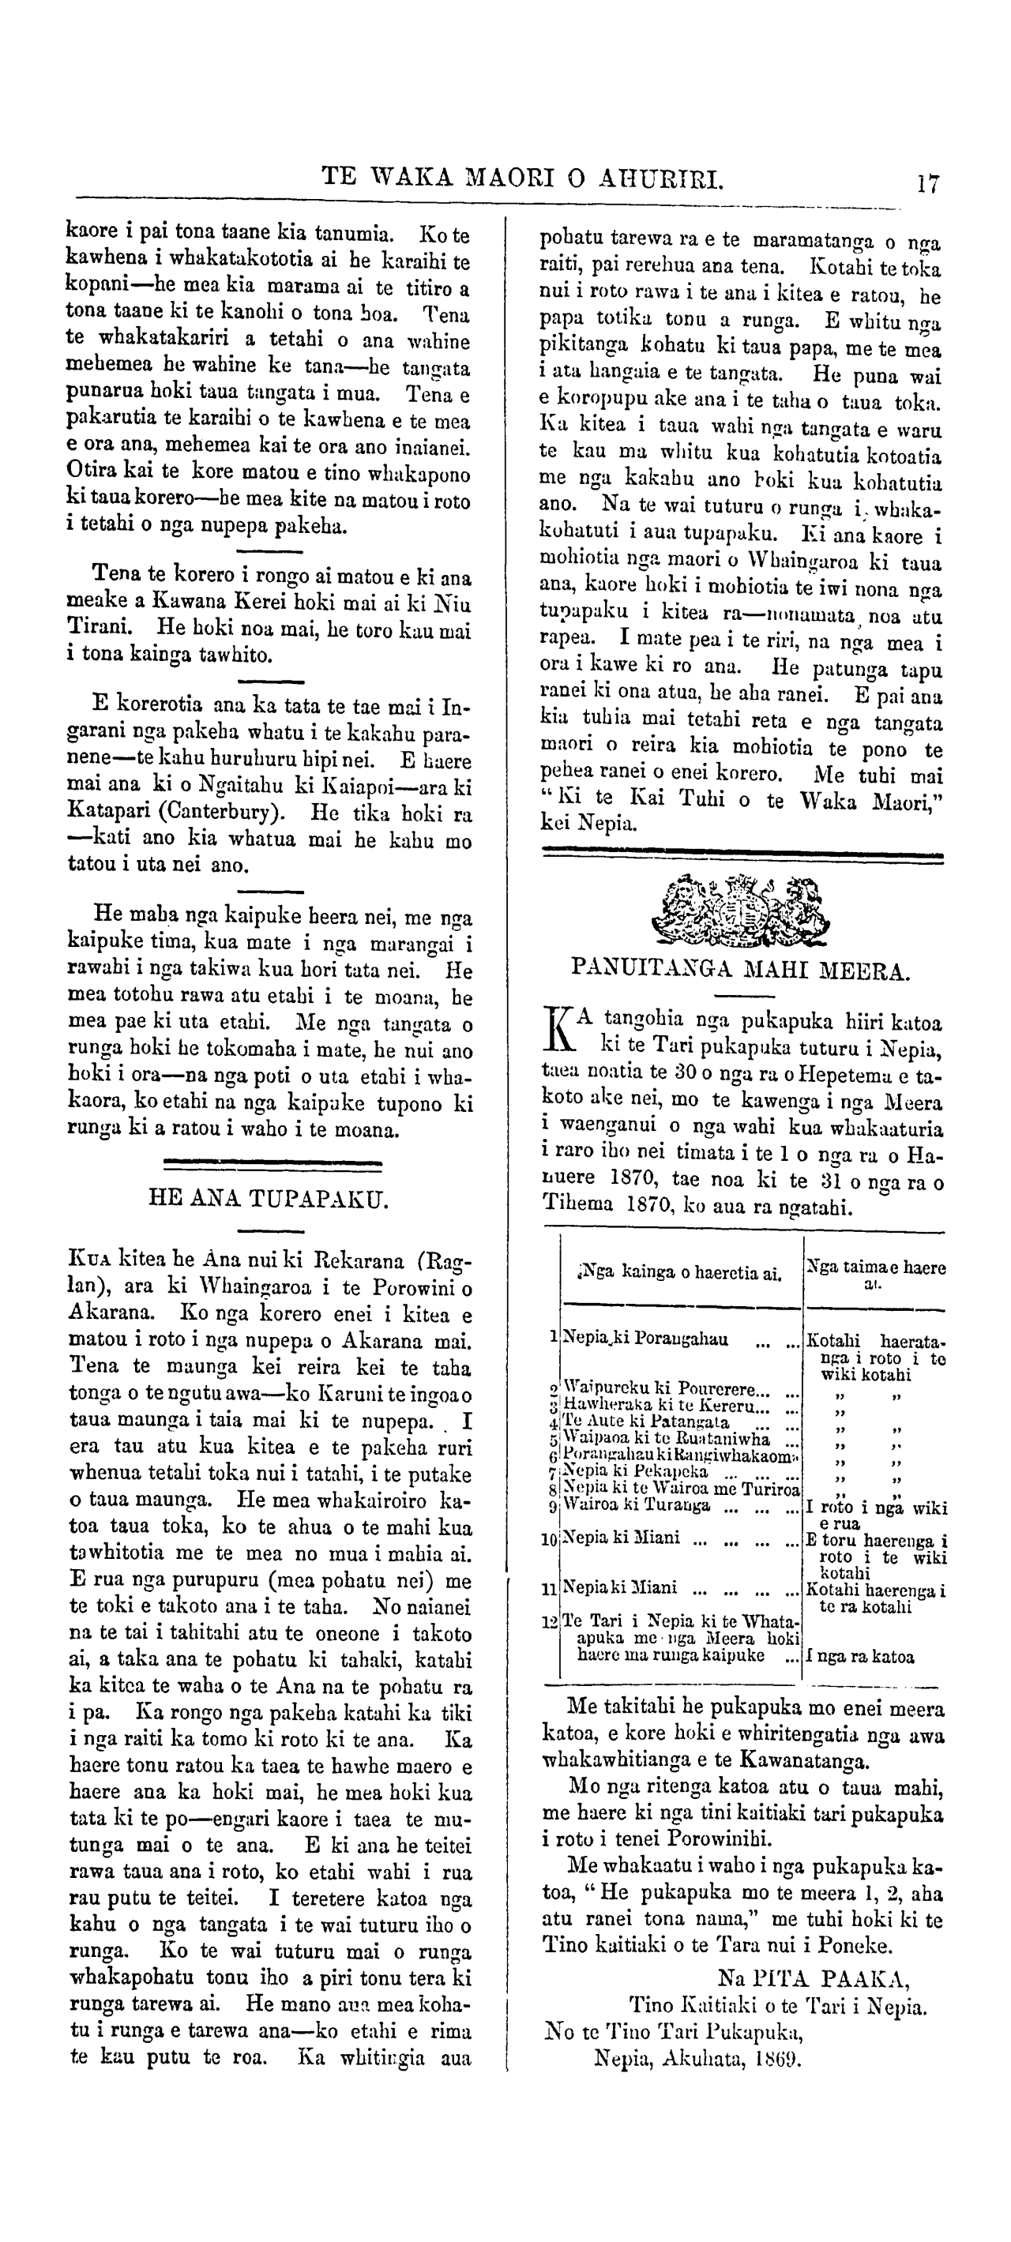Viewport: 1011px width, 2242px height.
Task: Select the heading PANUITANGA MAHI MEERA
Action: (x=740, y=970)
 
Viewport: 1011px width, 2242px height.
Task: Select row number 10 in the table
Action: (x=549, y=1539)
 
